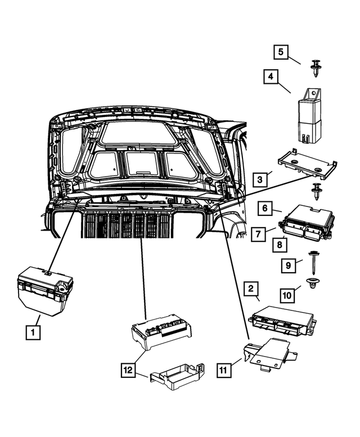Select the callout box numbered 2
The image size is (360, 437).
pyautogui.click(x=251, y=290)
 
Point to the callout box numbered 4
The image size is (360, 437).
pyautogui.click(x=271, y=76)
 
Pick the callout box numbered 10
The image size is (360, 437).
pyautogui.click(x=287, y=294)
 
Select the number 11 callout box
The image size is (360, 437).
pyautogui.click(x=224, y=370)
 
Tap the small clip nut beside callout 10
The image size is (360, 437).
pyautogui.click(x=310, y=287)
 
